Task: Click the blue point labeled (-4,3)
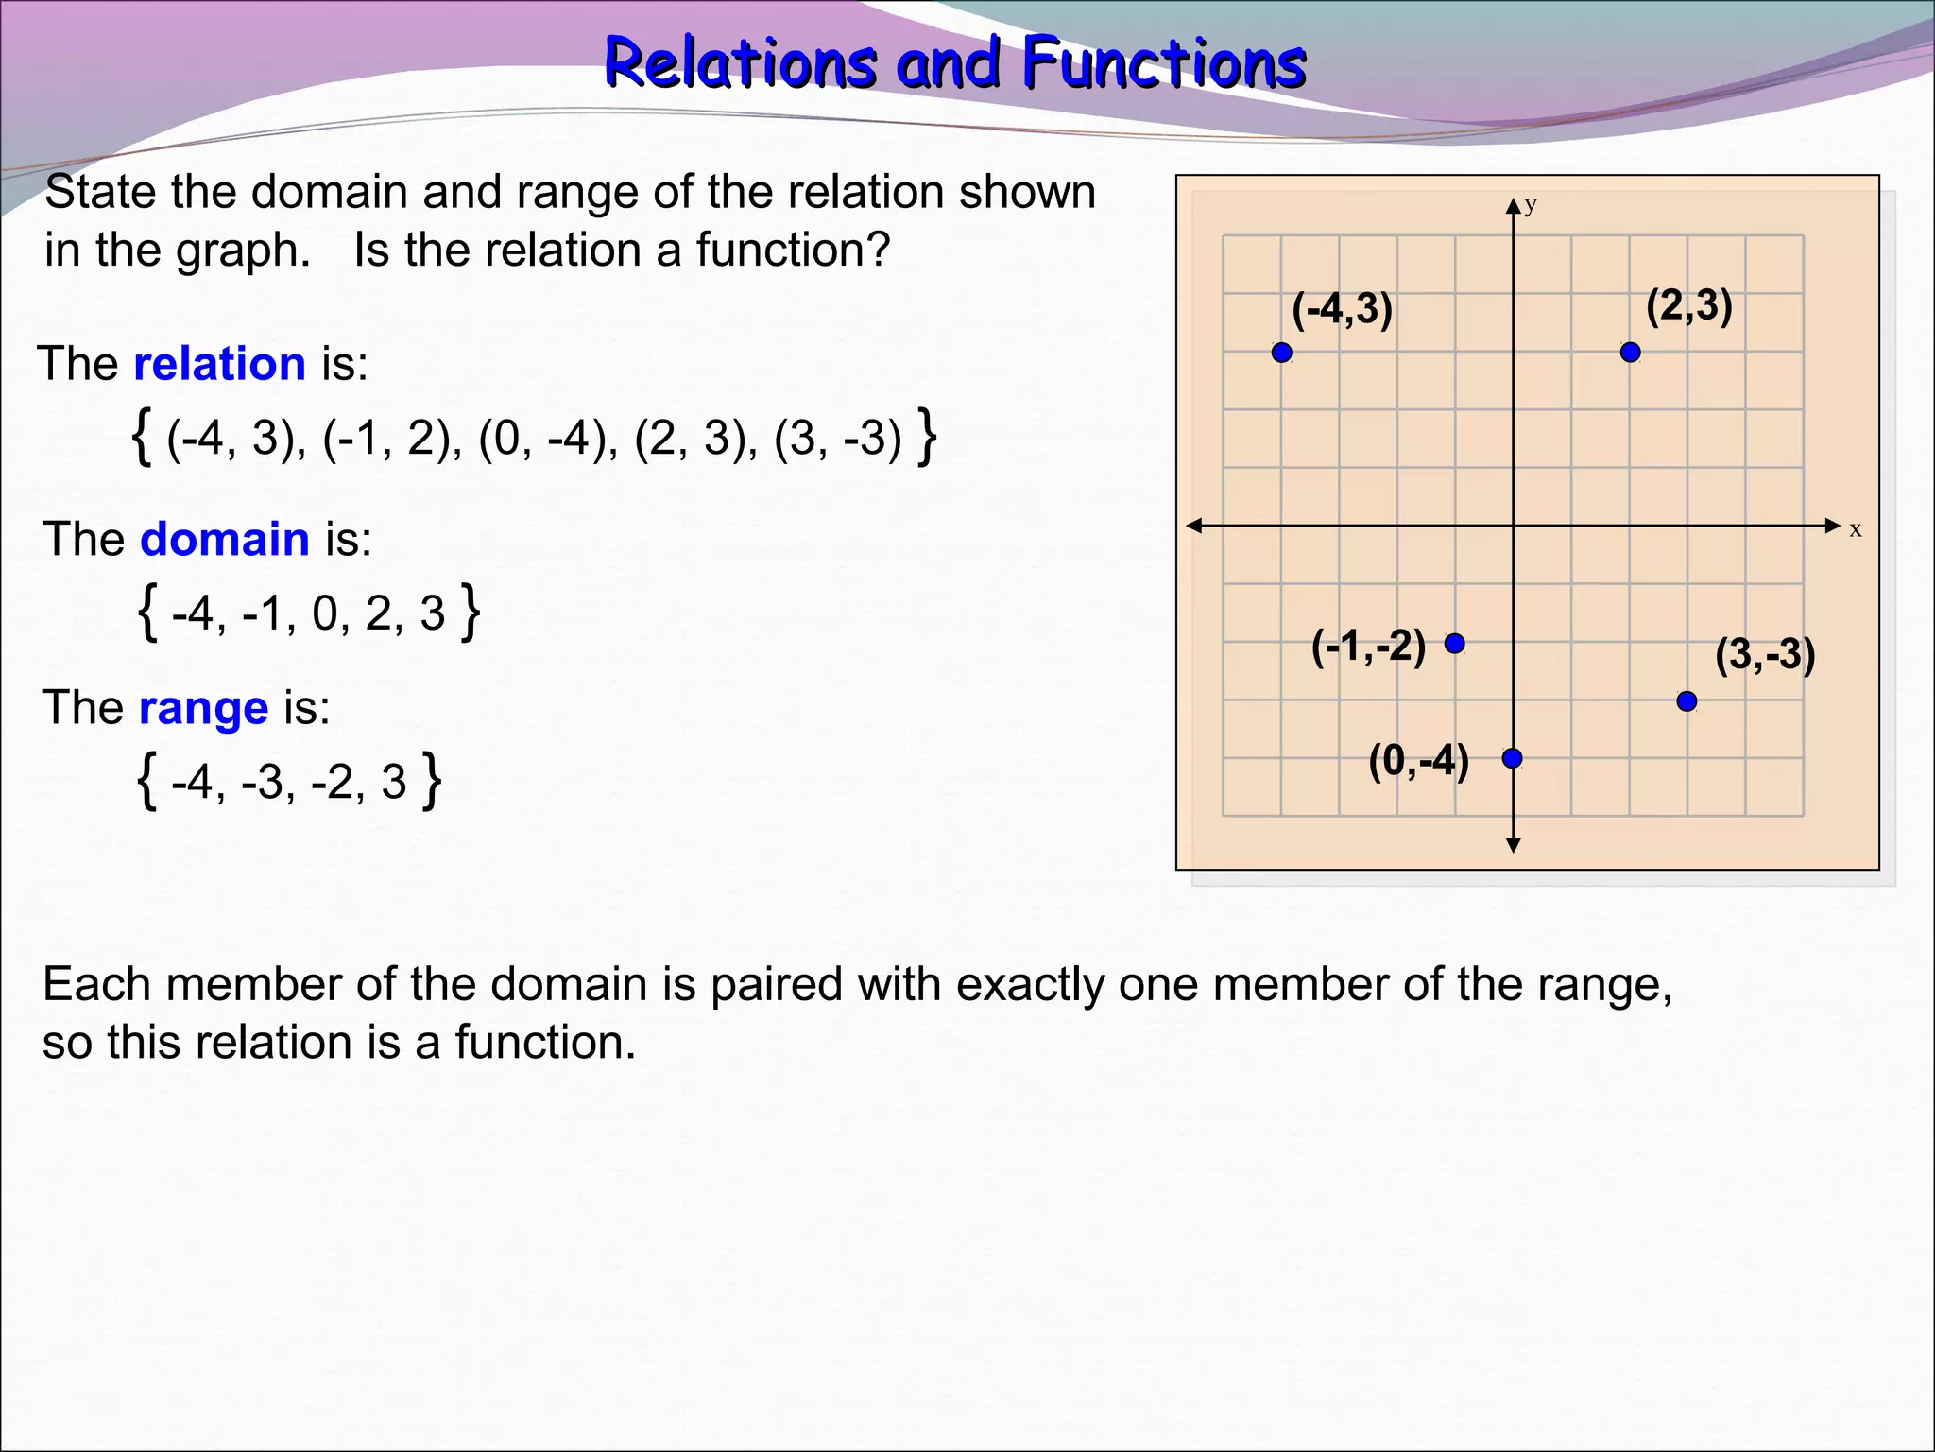coord(1281,353)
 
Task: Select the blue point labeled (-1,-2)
coord(1455,644)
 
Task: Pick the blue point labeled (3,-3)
coord(1687,701)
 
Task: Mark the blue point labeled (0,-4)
coord(1512,758)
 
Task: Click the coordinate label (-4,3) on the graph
coord(1342,310)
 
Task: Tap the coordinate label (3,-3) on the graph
coord(1764,655)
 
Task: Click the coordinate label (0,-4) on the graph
coord(1418,761)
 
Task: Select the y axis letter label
coord(1531,204)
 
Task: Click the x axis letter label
coord(1855,530)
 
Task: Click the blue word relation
coord(219,364)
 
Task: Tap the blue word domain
coord(224,540)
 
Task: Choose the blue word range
coord(203,708)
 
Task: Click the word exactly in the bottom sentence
coord(1031,985)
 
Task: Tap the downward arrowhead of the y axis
coord(1513,844)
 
